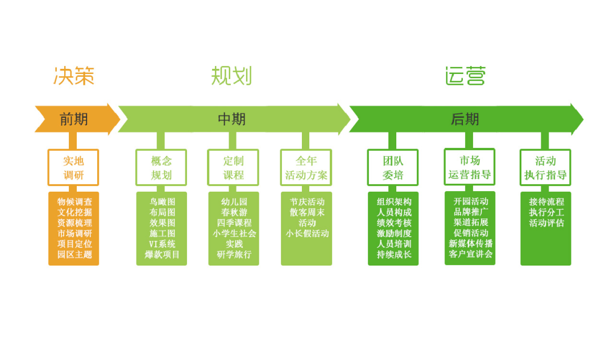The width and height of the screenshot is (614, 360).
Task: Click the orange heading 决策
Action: pos(74,76)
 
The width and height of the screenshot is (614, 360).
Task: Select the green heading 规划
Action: pos(231,76)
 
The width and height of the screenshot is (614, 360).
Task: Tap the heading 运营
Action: pos(466,76)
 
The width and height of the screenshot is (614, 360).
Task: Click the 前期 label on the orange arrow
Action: pos(74,119)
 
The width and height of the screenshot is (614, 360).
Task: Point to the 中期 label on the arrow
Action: pos(232,119)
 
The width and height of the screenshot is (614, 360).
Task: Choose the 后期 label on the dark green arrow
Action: pos(465,119)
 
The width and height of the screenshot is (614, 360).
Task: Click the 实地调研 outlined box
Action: pos(73,168)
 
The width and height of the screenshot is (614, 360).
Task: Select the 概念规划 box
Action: pos(161,168)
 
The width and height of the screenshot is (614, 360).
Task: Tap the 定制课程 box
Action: pos(233,168)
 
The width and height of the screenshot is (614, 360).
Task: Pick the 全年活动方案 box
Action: pos(306,168)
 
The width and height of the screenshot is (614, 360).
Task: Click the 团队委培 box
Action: pos(393,168)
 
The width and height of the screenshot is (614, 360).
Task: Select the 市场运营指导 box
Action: pos(470,167)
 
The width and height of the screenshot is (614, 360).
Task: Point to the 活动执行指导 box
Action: pos(545,168)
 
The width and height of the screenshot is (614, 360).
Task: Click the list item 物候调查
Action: pos(74,202)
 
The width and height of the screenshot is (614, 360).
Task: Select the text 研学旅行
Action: pos(234,254)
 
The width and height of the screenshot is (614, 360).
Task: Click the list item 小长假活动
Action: pos(307,234)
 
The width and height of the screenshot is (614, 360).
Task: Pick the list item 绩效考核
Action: pos(394,223)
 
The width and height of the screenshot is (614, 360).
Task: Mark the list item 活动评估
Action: pos(546,223)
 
